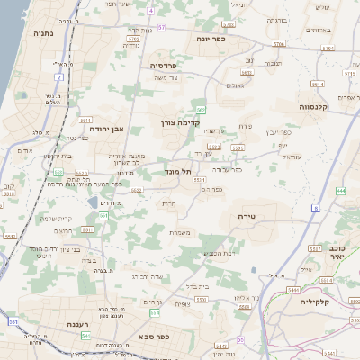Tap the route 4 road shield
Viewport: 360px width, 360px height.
click(151, 11)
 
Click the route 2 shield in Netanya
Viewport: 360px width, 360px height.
click(59, 77)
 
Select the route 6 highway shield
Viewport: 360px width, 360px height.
click(317, 208)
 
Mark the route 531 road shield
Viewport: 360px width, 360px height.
click(13, 320)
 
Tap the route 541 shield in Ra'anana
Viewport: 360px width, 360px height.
click(85, 335)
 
